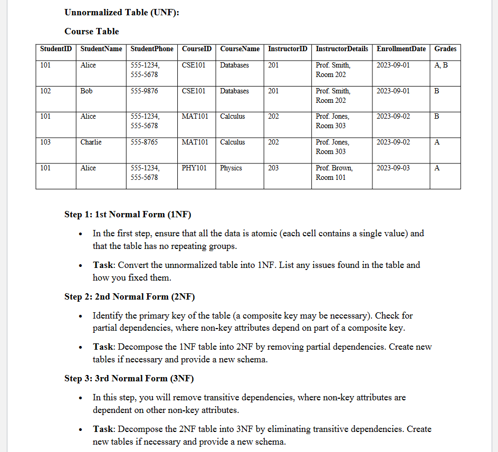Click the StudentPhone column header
point(151,49)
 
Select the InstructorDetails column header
point(342,49)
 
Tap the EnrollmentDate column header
point(401,49)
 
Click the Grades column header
point(445,49)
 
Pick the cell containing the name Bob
point(87,91)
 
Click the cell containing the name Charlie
point(91,142)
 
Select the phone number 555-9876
point(144,91)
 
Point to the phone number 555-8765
point(144,142)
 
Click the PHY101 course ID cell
point(194,168)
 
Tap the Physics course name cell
point(231,168)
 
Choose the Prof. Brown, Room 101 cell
point(334,172)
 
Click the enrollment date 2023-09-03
point(393,168)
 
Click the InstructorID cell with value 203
point(274,168)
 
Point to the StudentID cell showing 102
point(46,91)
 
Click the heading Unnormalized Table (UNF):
point(122,13)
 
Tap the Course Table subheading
point(92,32)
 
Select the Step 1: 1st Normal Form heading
point(128,215)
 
